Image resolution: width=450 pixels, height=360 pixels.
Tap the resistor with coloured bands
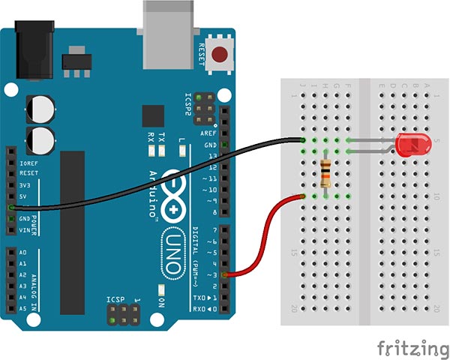coord(325,175)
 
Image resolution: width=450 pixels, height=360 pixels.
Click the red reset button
coord(221,54)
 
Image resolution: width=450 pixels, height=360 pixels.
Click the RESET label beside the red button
coord(201,54)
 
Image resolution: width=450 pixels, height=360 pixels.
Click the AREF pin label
coord(210,133)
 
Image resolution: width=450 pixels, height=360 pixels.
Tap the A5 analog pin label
coord(22,307)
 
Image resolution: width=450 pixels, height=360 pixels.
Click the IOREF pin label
coord(28,160)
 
